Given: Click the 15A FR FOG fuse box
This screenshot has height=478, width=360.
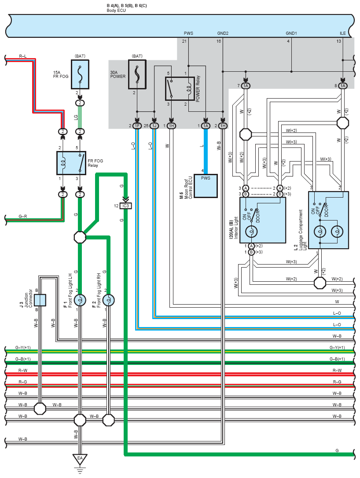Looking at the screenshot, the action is point(80,74).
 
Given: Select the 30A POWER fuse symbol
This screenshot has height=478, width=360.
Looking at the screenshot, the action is point(137,74).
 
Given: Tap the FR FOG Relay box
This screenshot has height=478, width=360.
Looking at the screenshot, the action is point(71,163).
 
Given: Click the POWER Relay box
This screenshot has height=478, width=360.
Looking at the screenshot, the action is point(180,89).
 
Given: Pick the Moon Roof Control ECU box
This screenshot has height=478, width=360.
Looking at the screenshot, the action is point(206,186).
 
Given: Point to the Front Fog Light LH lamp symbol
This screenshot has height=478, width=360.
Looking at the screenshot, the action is point(80,300).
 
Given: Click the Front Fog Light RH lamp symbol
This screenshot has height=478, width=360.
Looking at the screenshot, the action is point(109,300).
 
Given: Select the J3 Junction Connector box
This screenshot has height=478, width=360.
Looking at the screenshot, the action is point(40,300).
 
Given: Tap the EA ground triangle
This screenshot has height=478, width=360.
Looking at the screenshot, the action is point(80,459).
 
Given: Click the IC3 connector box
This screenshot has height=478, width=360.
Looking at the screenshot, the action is point(125,206).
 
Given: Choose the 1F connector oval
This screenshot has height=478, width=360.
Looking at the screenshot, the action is point(137,125).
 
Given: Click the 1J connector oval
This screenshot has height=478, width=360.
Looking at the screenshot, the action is point(154,125).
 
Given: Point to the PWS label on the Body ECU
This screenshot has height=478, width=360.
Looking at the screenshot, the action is point(188,33).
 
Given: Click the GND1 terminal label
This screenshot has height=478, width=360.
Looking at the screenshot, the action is point(291,33).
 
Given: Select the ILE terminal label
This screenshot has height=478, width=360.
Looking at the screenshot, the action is point(343,33).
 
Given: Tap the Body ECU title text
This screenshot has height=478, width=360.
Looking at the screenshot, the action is point(116,11).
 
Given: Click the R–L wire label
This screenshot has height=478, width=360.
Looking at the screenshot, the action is point(23,56).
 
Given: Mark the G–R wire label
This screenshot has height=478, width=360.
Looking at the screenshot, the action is point(23,216).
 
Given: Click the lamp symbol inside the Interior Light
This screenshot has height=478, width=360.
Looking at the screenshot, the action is point(251,232).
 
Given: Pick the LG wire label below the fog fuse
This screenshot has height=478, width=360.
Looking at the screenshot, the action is point(76,117).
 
